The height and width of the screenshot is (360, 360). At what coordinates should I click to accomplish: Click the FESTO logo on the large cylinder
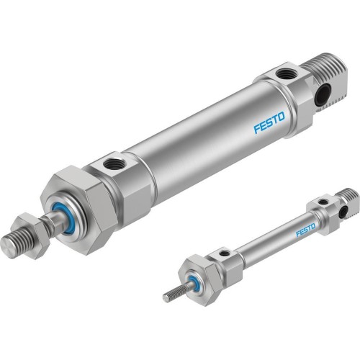tap(269, 122)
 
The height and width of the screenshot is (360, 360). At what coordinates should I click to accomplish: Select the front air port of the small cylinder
tap(225, 253)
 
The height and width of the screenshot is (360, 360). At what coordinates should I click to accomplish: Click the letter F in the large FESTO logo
tap(256, 129)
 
